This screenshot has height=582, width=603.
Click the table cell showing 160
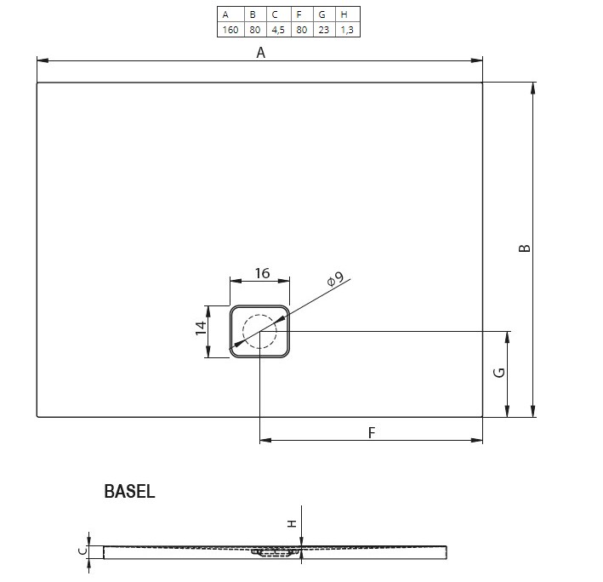(x=230, y=30)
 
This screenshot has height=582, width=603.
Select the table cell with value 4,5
(x=278, y=30)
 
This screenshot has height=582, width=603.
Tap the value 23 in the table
(x=324, y=30)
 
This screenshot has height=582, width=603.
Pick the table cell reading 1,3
(x=347, y=30)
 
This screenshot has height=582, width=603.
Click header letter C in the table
(x=275, y=14)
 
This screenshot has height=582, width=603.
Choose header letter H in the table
(x=344, y=14)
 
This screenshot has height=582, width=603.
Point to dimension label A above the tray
(x=261, y=53)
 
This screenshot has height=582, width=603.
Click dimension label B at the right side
(x=524, y=248)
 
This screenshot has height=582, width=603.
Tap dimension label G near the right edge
(x=498, y=373)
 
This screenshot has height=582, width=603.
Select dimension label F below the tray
(x=371, y=433)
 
